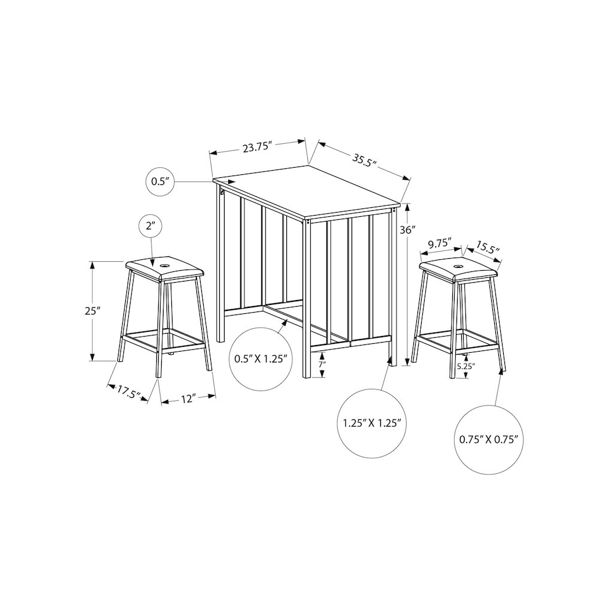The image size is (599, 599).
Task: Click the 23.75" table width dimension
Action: click(x=258, y=148)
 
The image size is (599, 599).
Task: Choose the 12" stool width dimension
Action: click(x=187, y=399)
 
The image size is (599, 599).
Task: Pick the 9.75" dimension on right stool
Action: click(x=440, y=244)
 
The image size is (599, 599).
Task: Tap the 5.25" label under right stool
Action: click(x=465, y=367)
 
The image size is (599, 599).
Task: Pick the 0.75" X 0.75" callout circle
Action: click(x=488, y=438)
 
